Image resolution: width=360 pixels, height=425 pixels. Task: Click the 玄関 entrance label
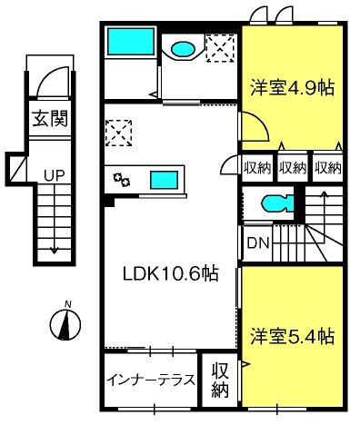[50, 118]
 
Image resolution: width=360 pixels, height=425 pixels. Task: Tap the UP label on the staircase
[54, 175]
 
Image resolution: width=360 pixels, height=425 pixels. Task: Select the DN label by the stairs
[258, 242]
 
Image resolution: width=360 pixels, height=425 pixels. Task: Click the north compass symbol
[65, 322]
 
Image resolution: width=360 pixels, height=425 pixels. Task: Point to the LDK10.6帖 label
[170, 273]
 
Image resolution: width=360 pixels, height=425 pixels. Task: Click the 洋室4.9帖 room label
[292, 88]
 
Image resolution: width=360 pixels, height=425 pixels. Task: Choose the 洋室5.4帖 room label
[292, 336]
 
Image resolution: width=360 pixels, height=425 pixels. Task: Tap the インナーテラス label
[151, 381]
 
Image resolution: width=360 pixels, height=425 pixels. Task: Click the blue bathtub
[131, 42]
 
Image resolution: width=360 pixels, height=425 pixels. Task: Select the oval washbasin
[183, 48]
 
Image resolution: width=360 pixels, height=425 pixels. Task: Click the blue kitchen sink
[164, 180]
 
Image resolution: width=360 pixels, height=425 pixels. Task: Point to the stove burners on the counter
[122, 180]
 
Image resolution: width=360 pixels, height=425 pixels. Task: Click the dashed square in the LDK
[118, 133]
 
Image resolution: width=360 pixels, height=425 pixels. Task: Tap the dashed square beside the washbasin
[220, 48]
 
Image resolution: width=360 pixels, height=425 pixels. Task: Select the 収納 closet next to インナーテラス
[220, 381]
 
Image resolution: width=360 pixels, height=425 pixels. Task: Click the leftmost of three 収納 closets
[258, 168]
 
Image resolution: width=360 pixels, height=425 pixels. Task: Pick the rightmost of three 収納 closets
[328, 168]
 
